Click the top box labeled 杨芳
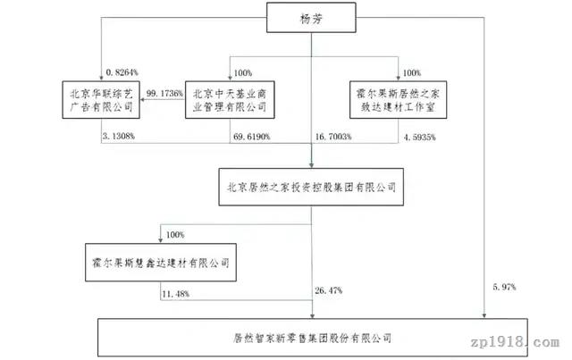[311, 18]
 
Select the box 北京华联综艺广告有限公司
[101, 100]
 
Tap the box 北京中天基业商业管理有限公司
[230, 100]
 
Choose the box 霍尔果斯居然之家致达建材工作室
[398, 100]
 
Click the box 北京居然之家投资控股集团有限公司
[311, 187]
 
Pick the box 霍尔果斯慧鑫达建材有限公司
[161, 263]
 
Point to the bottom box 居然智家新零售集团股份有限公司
[313, 338]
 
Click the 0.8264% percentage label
[122, 72]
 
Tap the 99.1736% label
[164, 94]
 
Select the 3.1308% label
[119, 137]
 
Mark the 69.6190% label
[252, 137]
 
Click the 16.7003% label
[333, 137]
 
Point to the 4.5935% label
[419, 138]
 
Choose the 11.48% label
[175, 294]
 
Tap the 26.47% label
[329, 290]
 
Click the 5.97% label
[504, 287]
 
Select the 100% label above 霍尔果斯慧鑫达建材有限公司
[175, 235]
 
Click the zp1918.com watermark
[515, 342]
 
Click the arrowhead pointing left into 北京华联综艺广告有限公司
[142, 99]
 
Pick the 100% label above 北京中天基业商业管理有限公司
[242, 73]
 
